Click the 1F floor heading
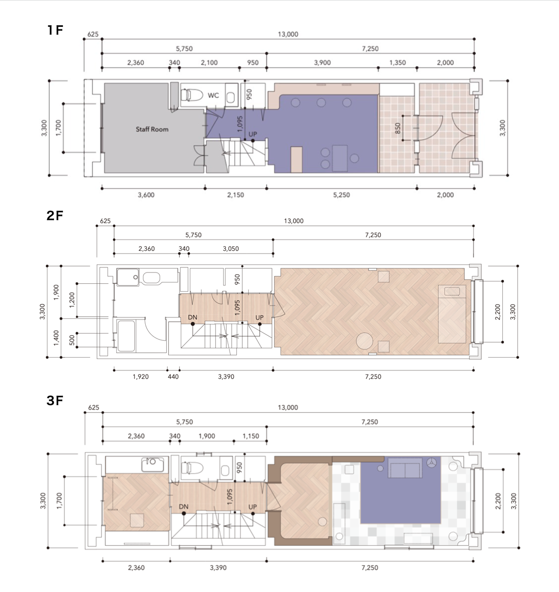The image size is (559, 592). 55,30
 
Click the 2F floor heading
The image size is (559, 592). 55,215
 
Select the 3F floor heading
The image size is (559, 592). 55,400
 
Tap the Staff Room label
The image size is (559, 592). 152,129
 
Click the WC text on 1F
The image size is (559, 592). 213,95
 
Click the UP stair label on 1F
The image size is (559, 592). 253,134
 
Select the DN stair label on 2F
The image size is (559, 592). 193,317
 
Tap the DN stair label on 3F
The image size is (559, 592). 184,506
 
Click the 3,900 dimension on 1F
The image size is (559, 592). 322,63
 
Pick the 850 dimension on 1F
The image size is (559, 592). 397,128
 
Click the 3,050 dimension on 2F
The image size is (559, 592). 231,249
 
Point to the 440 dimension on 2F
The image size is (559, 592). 173,377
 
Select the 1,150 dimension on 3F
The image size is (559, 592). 251,436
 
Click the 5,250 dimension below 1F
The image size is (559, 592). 341,195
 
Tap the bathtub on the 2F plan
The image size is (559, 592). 126,335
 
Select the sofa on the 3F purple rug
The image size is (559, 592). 406,468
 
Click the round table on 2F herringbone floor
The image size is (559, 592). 364,342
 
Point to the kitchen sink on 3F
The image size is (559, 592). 153,464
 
